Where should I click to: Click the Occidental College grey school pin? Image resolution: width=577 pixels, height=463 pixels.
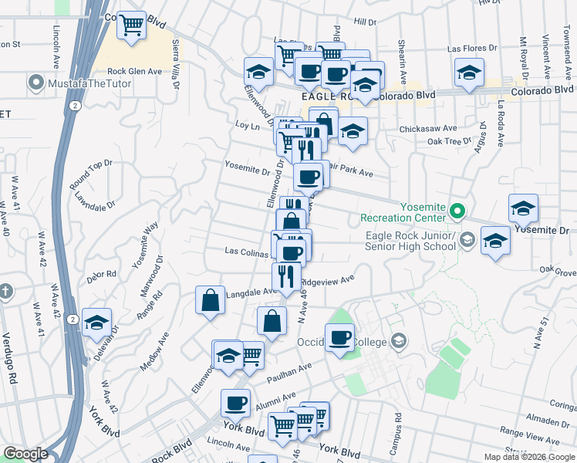[x=399, y=340]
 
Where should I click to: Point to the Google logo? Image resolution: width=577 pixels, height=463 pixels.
[x=25, y=454]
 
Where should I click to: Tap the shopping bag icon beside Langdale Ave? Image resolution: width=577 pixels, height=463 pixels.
[x=211, y=301]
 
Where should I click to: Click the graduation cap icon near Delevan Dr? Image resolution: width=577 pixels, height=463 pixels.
[x=97, y=322]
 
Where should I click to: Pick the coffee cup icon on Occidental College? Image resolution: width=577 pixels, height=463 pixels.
[x=339, y=337]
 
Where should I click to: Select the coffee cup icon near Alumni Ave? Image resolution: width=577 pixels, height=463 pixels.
[x=236, y=403]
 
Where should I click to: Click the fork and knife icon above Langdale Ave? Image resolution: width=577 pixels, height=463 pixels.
[x=286, y=275]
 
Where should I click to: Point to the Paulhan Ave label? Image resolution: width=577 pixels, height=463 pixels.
[x=288, y=373]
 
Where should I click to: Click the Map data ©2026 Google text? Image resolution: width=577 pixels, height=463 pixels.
[x=528, y=457]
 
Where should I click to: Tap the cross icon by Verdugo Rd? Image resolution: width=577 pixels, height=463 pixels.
[x=5, y=292]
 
